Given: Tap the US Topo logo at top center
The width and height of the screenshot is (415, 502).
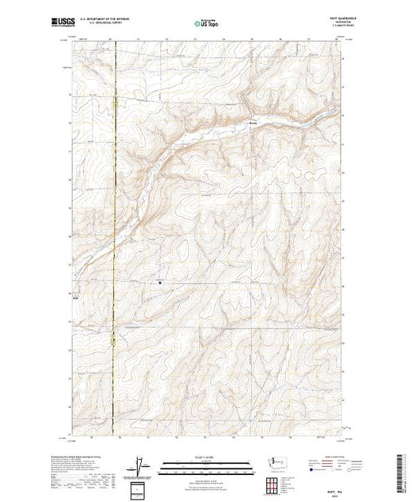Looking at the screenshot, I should coord(206,25).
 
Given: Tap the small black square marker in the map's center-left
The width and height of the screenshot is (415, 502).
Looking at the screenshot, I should coord(159,280).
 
